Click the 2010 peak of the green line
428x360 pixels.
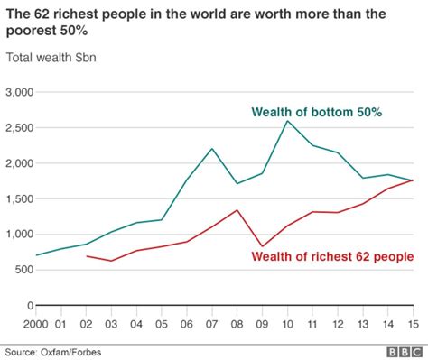tap(287, 121)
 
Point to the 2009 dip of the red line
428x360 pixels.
tap(263, 246)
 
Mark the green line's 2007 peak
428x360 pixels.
tap(211, 149)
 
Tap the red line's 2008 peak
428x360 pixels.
tap(237, 210)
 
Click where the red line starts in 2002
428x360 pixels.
tap(86, 256)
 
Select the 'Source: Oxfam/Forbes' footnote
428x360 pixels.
tap(51, 349)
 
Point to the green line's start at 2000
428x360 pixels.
tap(36, 255)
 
